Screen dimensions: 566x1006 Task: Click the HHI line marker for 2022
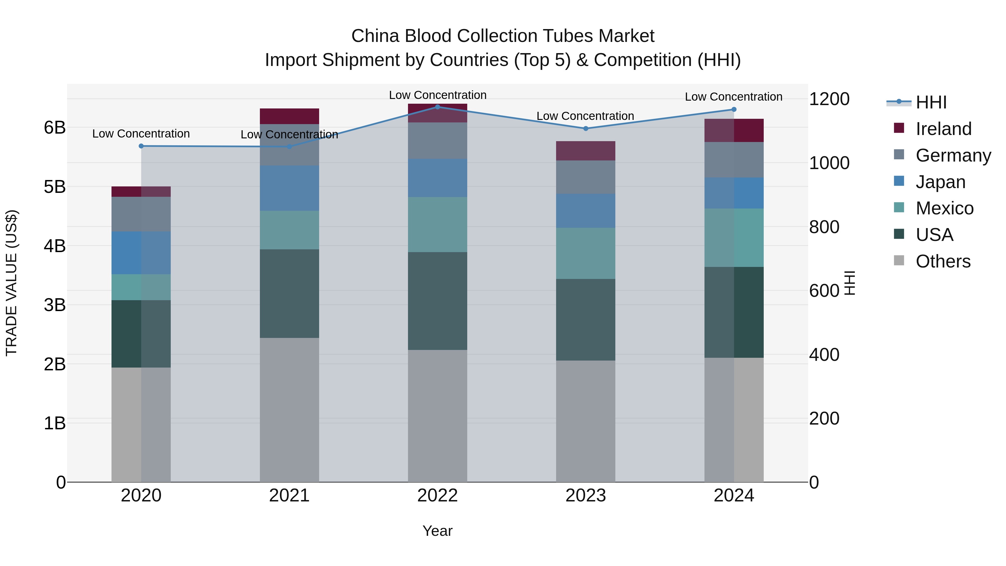437,107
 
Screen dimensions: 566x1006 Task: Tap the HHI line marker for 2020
141,146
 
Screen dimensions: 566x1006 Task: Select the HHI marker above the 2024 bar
734,109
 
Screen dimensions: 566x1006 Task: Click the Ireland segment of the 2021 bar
290,116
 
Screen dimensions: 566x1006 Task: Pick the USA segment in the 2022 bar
437,301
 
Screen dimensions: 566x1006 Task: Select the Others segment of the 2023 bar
585,421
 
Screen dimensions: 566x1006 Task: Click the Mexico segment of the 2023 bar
585,253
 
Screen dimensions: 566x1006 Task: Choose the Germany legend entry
953,155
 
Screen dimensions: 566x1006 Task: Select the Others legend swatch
899,260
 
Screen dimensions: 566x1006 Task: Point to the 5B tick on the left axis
55,187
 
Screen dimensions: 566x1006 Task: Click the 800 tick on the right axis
824,227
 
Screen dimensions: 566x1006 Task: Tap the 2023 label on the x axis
585,496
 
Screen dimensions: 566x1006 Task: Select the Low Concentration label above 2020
141,134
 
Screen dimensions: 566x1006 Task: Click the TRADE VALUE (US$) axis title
12,283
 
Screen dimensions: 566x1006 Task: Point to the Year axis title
437,531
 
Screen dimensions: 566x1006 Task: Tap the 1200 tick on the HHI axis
829,99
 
